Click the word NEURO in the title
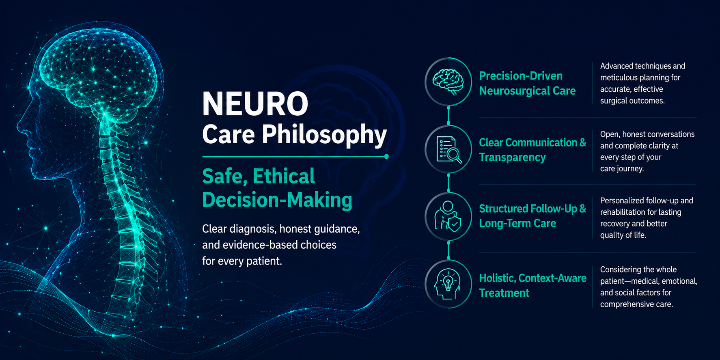(x=255, y=104)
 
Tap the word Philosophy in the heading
(x=324, y=135)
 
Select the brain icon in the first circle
(x=448, y=82)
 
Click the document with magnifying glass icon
(x=449, y=150)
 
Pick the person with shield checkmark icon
(x=448, y=216)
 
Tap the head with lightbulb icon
(x=448, y=284)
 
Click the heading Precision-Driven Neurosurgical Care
(x=527, y=83)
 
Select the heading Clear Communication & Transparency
(x=532, y=150)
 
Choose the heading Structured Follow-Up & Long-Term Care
(x=532, y=216)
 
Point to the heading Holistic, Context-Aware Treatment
(x=532, y=285)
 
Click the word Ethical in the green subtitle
(x=284, y=177)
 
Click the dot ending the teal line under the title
(x=386, y=156)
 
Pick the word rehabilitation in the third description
(x=621, y=212)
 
